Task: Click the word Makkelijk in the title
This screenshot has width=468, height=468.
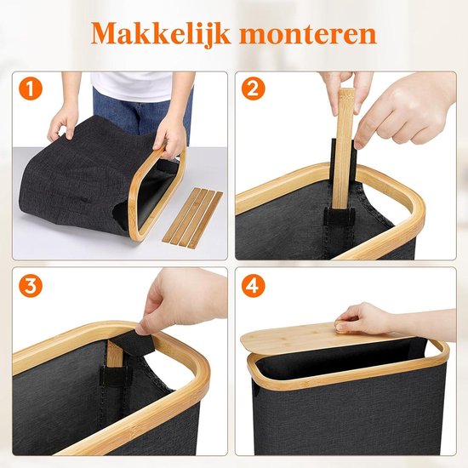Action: tap(161, 34)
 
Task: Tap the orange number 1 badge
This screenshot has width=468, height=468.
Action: tap(31, 88)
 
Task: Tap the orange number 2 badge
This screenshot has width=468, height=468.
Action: tap(253, 88)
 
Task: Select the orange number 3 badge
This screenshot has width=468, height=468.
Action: tap(31, 286)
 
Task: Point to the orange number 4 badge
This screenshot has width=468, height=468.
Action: tap(253, 286)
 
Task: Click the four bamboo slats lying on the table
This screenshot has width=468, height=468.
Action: tap(192, 218)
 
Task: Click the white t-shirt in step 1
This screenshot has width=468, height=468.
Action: tap(131, 86)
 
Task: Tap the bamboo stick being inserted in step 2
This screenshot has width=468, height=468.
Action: tap(343, 148)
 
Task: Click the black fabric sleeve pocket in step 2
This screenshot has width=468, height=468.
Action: tap(339, 230)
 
